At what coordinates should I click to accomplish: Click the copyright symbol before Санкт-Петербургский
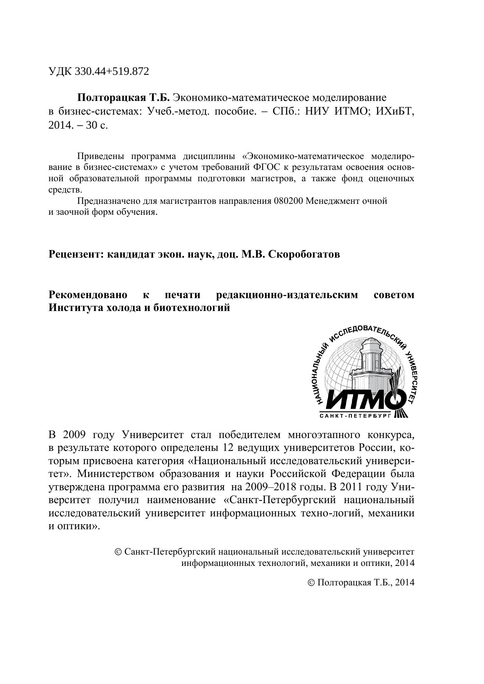click(118, 552)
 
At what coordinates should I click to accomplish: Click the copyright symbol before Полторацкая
click(311, 583)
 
